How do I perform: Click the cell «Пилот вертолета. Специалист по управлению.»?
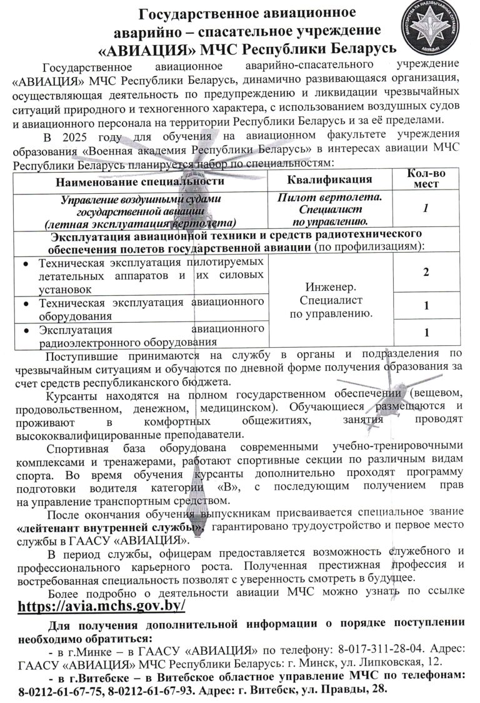(x=329, y=209)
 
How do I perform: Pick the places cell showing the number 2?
(x=425, y=273)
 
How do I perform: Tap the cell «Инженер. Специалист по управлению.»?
(x=329, y=300)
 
